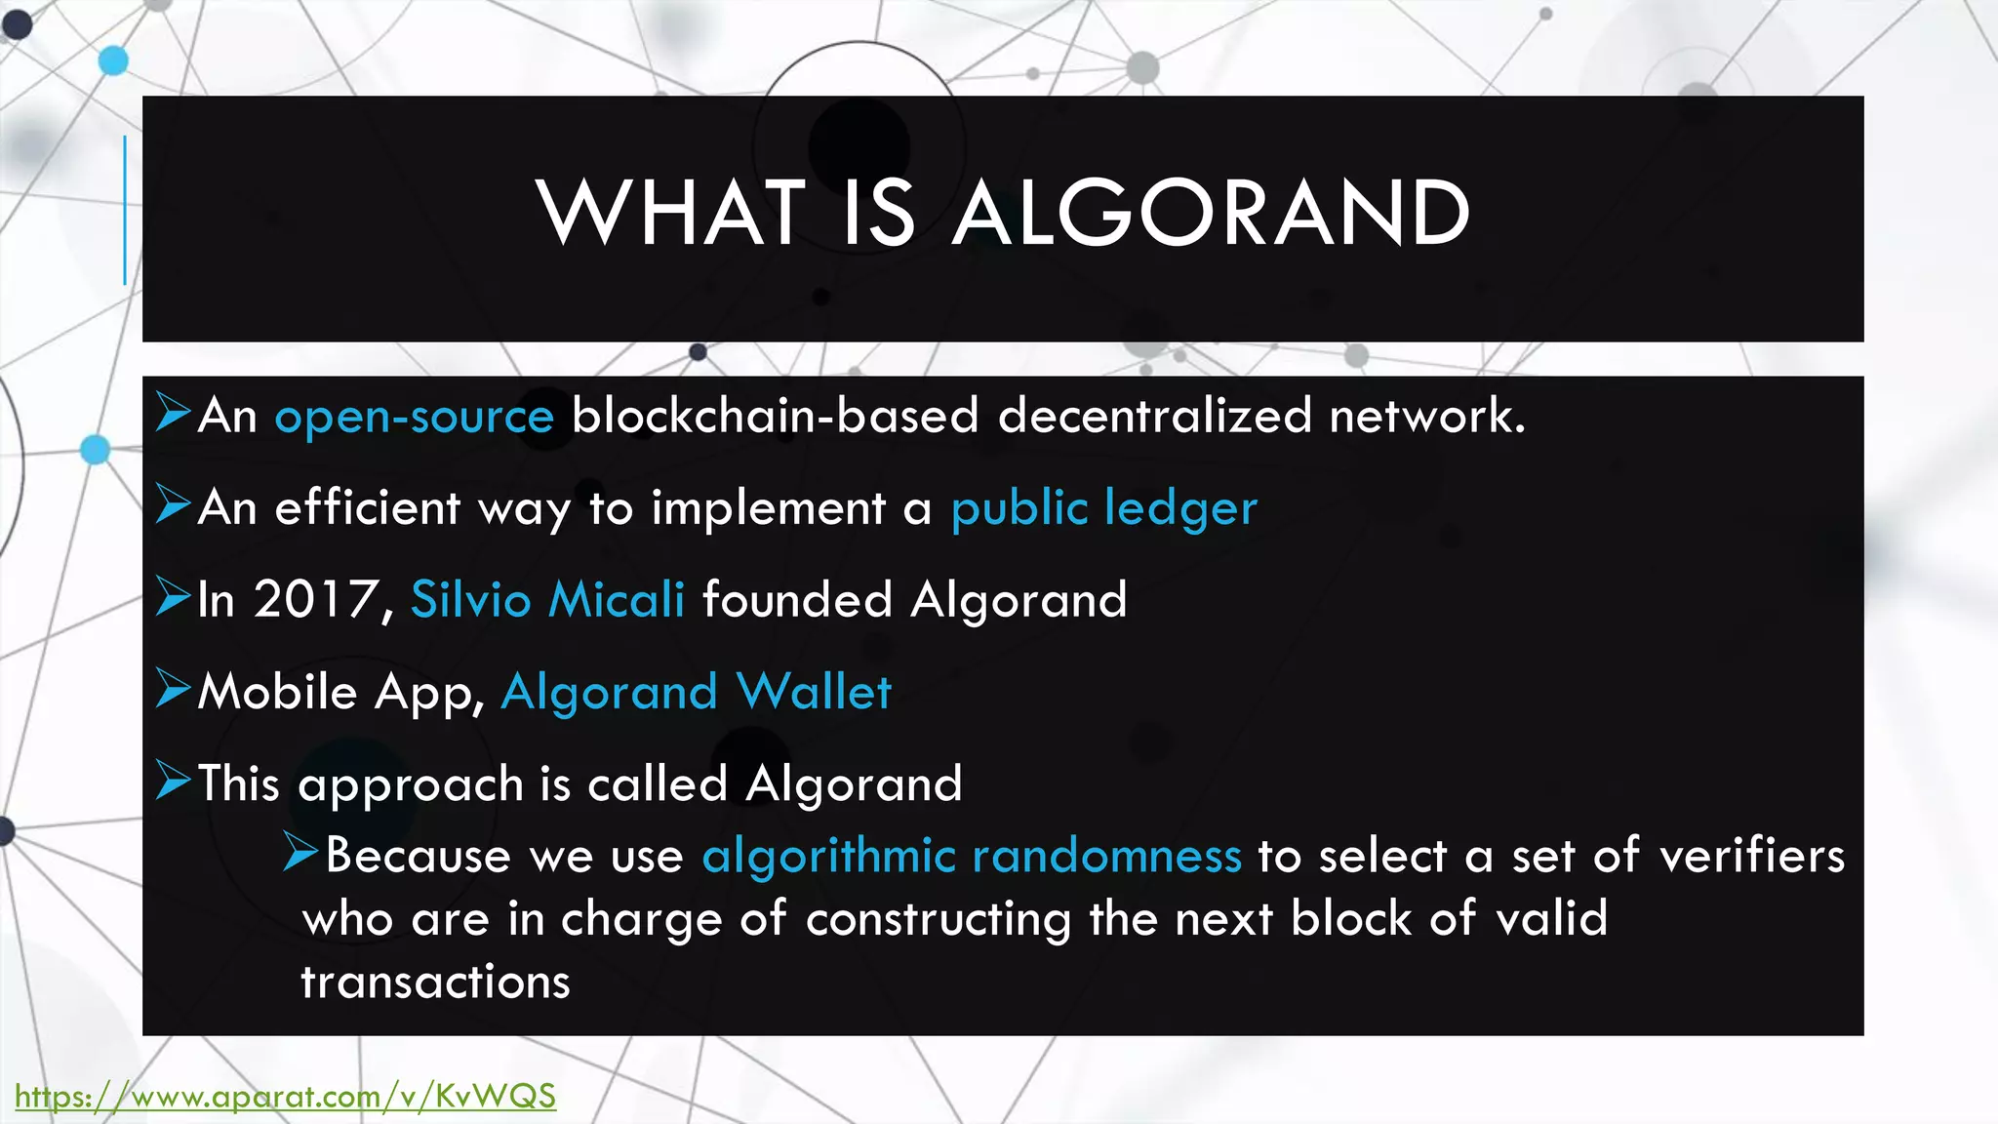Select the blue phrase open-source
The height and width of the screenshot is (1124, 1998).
(414, 417)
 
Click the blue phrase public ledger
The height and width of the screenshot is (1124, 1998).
(1103, 508)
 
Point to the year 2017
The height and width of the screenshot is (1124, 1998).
(315, 599)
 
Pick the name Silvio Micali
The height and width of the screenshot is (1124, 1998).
(547, 599)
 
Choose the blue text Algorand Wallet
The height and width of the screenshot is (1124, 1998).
(696, 692)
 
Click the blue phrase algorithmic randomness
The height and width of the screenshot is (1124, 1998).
(972, 856)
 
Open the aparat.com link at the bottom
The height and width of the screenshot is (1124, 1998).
(285, 1096)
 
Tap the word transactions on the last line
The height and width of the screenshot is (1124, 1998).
(435, 982)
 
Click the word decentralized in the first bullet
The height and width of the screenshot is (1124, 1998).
(1154, 416)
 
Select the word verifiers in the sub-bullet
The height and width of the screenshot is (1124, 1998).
(1752, 856)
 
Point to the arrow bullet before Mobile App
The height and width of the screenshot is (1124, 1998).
(173, 690)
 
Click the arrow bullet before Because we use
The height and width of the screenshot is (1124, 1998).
(300, 853)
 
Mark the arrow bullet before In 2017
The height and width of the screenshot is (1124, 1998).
(173, 597)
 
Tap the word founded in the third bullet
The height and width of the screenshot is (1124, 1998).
(797, 599)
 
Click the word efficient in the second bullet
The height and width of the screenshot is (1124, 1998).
(367, 508)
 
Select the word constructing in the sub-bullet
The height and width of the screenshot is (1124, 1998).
(939, 919)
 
